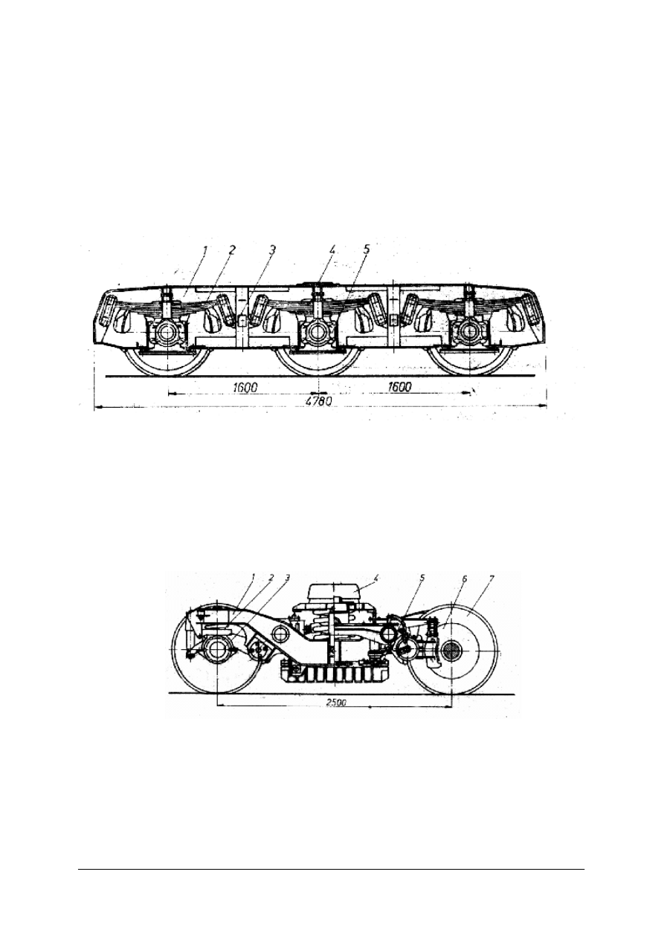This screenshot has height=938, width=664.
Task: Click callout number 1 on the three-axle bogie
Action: tap(205, 250)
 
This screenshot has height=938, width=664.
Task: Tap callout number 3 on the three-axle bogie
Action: tap(272, 250)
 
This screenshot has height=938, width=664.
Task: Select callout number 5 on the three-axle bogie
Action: tap(366, 250)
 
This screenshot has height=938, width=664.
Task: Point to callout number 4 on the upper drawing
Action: tap(333, 250)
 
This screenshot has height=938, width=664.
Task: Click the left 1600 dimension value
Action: tap(245, 388)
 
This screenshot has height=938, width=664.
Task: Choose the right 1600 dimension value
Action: tap(399, 386)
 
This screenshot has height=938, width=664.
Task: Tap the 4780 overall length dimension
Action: tap(319, 401)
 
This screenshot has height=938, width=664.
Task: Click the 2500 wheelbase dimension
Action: tap(336, 703)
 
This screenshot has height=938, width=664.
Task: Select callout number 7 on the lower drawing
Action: tap(491, 579)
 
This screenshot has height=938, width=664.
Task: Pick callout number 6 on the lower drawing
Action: tap(465, 579)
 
